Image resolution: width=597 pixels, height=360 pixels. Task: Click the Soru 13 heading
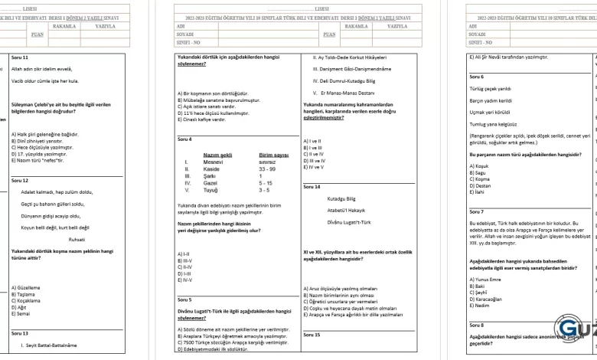click(x=20, y=333)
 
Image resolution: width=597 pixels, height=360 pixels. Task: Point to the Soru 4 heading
click(x=184, y=139)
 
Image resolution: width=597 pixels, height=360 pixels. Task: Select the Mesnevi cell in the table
click(x=215, y=162)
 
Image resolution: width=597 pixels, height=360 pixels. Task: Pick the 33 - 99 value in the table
click(x=268, y=169)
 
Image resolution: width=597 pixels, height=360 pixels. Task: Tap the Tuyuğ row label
click(x=213, y=190)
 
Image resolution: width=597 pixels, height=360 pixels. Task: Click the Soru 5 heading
click(x=184, y=299)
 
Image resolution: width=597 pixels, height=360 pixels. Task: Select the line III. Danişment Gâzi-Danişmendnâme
click(x=351, y=69)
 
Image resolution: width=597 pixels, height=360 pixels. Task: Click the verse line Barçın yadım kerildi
click(x=490, y=100)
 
